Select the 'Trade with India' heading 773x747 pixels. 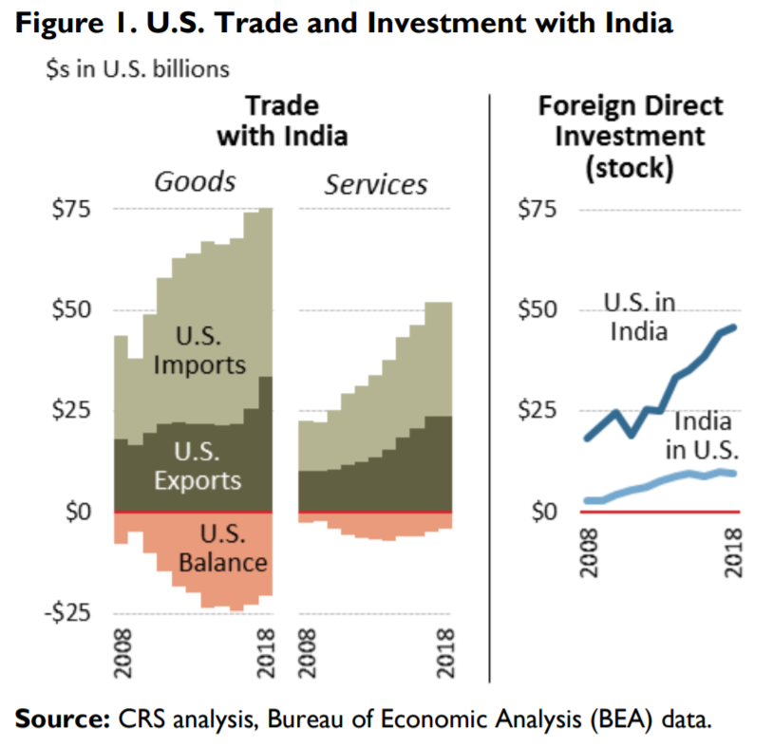(282, 121)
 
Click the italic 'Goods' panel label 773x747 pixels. (196, 181)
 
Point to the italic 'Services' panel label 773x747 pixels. (376, 183)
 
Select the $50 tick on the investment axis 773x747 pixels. (539, 310)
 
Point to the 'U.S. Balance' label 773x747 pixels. (222, 548)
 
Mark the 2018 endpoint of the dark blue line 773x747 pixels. (734, 327)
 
